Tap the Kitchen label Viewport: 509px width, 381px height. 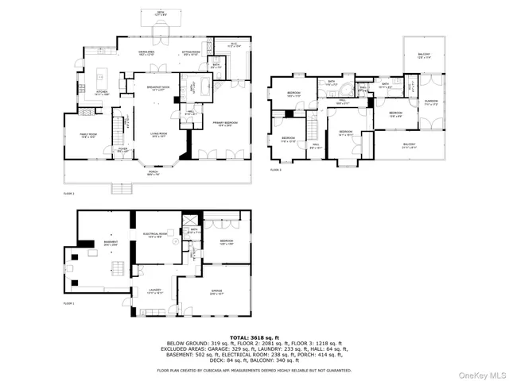point(103,91)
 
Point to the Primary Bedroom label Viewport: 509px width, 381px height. point(226,123)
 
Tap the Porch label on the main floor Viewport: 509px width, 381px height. point(152,173)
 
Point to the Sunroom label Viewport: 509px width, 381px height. point(430,102)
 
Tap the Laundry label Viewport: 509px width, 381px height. point(154,291)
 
